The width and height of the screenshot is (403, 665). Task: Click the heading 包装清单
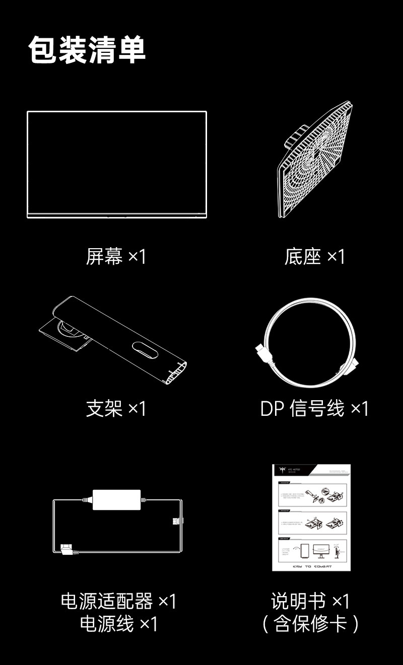(x=87, y=50)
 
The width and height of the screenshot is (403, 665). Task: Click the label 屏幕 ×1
(x=116, y=257)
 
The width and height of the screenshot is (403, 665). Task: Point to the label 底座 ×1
(x=315, y=257)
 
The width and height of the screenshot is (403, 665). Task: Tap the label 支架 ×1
(x=116, y=408)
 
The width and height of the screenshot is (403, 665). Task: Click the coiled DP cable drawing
(x=307, y=342)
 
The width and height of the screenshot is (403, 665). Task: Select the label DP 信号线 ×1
(x=315, y=408)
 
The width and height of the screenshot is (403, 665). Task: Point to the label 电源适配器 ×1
(x=118, y=601)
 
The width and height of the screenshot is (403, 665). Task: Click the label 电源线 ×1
(x=118, y=624)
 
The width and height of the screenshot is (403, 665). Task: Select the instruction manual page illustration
(x=311, y=518)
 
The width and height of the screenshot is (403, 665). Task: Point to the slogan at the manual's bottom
(x=312, y=566)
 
